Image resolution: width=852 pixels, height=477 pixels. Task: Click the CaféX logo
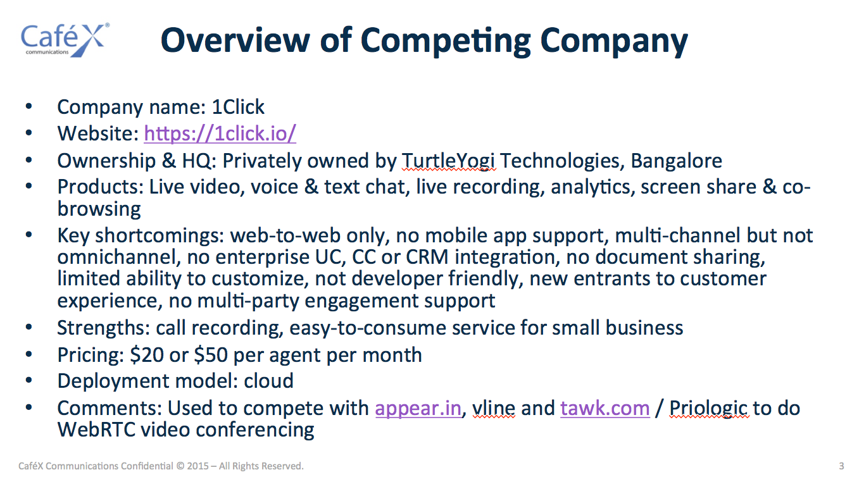click(x=65, y=40)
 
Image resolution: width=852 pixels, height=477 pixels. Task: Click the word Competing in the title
click(x=446, y=42)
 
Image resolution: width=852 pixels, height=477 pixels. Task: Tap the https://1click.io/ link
click(x=220, y=133)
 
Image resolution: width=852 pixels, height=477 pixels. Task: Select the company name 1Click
click(x=238, y=107)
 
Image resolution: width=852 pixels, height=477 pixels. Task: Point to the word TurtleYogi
click(x=449, y=161)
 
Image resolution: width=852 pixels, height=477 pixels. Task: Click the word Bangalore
click(x=676, y=161)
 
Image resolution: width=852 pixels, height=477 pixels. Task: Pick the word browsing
click(x=99, y=209)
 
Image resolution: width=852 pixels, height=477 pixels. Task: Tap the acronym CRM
click(x=427, y=257)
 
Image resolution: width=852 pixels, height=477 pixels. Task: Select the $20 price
click(x=147, y=355)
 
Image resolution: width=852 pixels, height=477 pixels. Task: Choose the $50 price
click(x=211, y=355)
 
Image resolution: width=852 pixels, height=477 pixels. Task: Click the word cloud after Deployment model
click(x=268, y=381)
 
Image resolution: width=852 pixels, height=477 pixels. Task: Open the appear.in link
click(x=418, y=409)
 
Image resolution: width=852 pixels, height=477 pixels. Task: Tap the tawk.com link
click(x=605, y=409)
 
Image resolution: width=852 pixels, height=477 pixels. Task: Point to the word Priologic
click(x=709, y=409)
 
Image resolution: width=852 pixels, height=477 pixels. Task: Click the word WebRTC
click(x=97, y=430)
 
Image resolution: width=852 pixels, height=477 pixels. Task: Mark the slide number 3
click(x=841, y=466)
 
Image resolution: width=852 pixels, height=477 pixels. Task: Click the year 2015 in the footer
click(x=197, y=466)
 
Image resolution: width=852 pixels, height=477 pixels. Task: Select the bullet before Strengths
click(x=29, y=327)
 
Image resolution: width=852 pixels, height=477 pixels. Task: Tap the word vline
click(x=494, y=409)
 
